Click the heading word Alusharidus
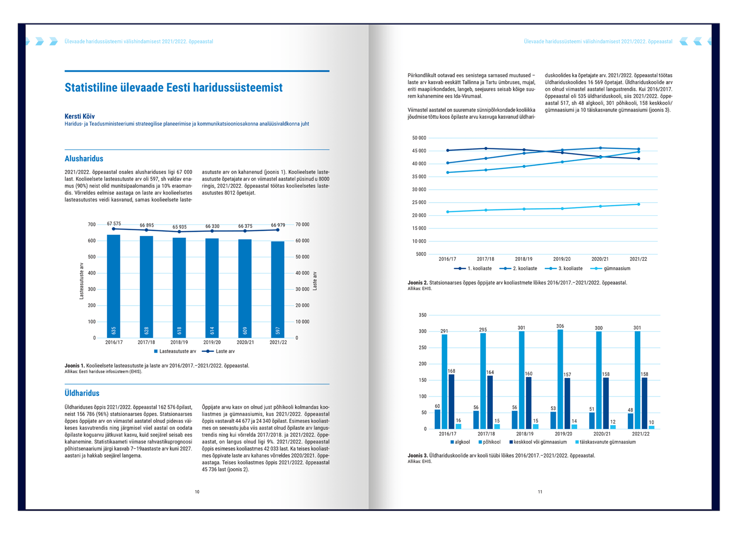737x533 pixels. point(84,159)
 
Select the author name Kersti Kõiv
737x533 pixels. point(80,116)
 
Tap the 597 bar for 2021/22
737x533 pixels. point(278,289)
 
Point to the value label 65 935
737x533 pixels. point(179,227)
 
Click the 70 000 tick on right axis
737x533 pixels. point(302,224)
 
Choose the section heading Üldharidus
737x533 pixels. point(82,393)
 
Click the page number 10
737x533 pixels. point(197,492)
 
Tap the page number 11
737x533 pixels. point(540,492)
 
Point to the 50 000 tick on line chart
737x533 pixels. point(419,138)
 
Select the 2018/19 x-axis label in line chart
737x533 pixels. point(524,259)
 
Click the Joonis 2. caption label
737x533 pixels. point(418,283)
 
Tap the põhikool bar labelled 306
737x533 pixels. point(560,379)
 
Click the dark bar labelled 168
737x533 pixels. point(452,401)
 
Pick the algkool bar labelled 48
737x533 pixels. point(630,421)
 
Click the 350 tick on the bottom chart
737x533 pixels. point(423,315)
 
